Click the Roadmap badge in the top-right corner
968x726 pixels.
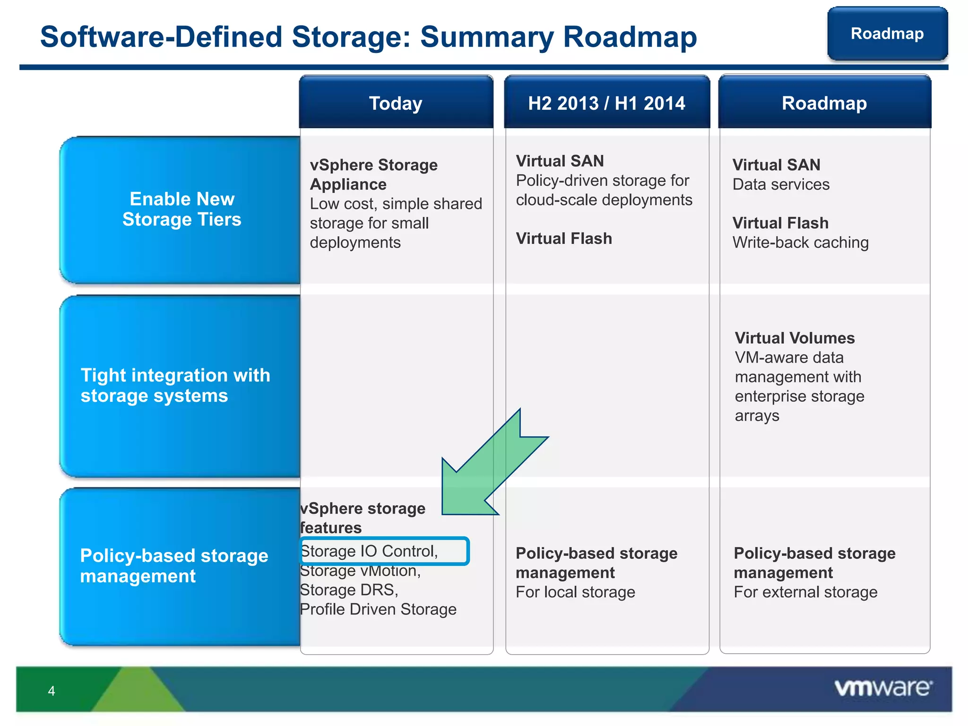pyautogui.click(x=887, y=34)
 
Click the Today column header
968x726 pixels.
pyautogui.click(x=396, y=103)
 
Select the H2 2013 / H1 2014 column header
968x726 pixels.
pyautogui.click(x=606, y=103)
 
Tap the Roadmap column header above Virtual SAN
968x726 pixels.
pyautogui.click(x=824, y=103)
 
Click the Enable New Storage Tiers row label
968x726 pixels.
pyautogui.click(x=181, y=209)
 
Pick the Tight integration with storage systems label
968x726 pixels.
pyautogui.click(x=175, y=385)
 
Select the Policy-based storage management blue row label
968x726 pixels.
pyautogui.click(x=174, y=566)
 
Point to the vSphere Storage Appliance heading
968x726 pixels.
pyautogui.click(x=373, y=174)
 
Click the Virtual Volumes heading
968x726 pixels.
pyautogui.click(x=795, y=338)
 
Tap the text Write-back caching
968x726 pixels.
pyautogui.click(x=800, y=242)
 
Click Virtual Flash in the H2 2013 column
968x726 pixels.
pyautogui.click(x=563, y=239)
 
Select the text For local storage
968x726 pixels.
pyautogui.click(x=575, y=592)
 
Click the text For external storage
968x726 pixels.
pyautogui.click(x=805, y=592)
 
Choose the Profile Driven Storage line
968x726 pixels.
pyautogui.click(x=378, y=609)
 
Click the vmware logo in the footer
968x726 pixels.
pyautogui.click(x=883, y=688)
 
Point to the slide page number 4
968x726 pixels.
pyautogui.click(x=52, y=691)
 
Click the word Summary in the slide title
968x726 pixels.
pyautogui.click(x=487, y=37)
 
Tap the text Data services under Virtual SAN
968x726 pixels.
pyautogui.click(x=781, y=184)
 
